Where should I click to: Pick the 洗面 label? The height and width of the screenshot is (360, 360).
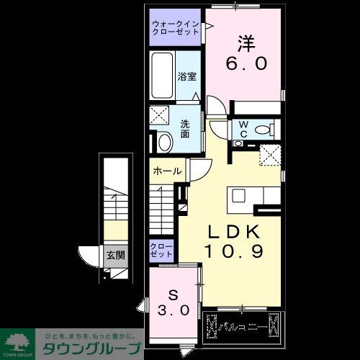coord(185,129)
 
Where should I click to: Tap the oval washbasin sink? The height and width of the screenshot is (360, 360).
coord(163,142)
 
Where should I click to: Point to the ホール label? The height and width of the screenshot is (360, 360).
coord(167,173)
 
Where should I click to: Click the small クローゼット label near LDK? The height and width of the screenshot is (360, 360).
coord(162,251)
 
